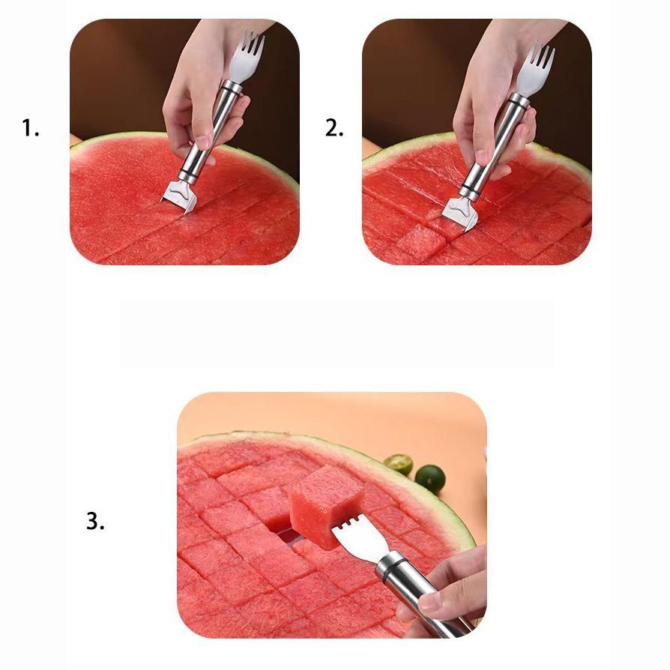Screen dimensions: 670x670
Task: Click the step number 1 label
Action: [30, 128]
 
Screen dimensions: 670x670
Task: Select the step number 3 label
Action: [95, 521]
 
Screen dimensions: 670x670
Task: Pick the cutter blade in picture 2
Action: [459, 214]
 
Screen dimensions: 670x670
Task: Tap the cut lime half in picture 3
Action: [398, 465]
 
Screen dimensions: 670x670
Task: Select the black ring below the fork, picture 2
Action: [517, 102]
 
